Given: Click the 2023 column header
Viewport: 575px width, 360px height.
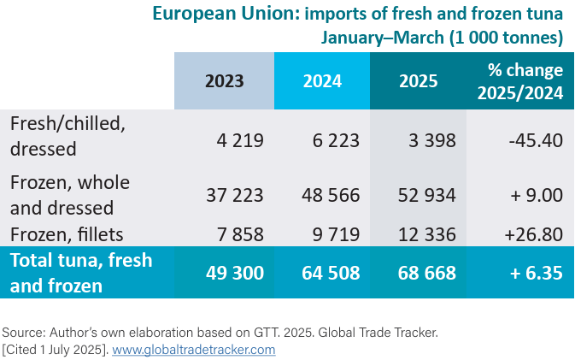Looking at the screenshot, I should [x=224, y=81].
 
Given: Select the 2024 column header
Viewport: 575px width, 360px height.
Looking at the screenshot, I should [x=322, y=81].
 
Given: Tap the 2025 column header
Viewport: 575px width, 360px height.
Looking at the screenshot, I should [x=418, y=81].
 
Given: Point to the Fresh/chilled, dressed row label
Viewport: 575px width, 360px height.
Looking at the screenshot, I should [x=67, y=135].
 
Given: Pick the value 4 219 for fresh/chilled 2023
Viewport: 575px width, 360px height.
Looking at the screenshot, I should [x=236, y=140].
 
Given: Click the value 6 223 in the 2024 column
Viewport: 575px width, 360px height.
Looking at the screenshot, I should [x=332, y=140].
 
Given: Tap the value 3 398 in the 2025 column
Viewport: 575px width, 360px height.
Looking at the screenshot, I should [x=429, y=140].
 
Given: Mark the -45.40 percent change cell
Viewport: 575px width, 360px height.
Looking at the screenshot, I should [x=534, y=140].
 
